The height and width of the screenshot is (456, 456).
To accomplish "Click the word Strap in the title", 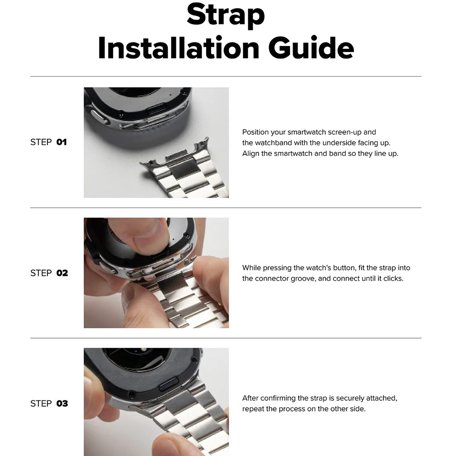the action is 226,15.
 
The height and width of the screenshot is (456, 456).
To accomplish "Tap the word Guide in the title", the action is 311,48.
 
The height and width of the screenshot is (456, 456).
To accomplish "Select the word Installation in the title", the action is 179,48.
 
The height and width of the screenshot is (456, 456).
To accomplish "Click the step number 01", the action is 62,142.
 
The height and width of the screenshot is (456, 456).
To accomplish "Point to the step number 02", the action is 62,273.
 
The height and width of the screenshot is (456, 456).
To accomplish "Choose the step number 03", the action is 62,404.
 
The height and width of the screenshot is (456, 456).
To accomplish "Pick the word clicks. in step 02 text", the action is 393,279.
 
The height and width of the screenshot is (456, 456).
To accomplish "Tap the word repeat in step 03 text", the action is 253,409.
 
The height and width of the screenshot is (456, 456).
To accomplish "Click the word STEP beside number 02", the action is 41,273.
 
